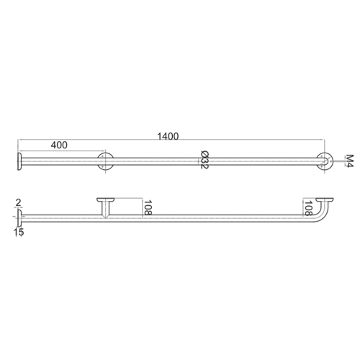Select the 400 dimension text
(59, 145)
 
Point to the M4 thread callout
(348, 161)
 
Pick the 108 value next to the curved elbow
(307, 209)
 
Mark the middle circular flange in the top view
(106, 161)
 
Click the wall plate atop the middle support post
(106, 199)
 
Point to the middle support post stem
(106, 209)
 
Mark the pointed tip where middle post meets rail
(106, 218)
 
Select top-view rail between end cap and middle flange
(61, 161)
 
